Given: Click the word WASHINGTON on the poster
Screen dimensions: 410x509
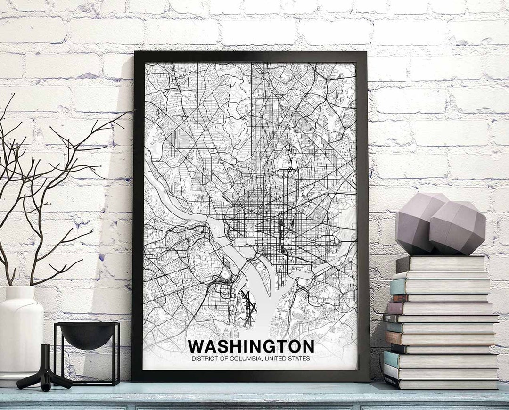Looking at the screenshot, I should coord(251,346).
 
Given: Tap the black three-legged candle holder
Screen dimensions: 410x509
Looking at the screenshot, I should coord(44,372).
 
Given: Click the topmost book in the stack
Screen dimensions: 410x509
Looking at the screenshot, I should coord(441,263).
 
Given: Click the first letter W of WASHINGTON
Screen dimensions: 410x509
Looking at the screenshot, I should coord(196,346).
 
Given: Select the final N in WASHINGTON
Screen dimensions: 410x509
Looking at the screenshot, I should coord(308,346).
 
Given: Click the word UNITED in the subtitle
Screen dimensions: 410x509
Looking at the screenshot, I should coord(275,359).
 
